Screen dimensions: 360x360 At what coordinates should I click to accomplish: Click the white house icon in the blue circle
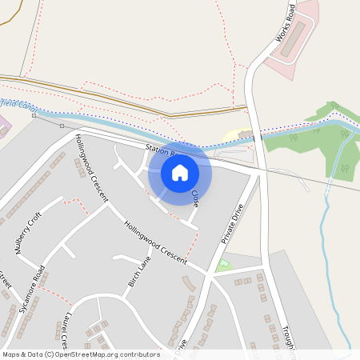(180, 172)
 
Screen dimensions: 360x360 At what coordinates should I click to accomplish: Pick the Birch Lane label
(140, 272)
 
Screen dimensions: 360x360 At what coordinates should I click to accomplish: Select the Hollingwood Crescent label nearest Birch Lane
(155, 240)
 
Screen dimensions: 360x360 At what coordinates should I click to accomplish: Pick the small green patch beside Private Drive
(223, 265)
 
